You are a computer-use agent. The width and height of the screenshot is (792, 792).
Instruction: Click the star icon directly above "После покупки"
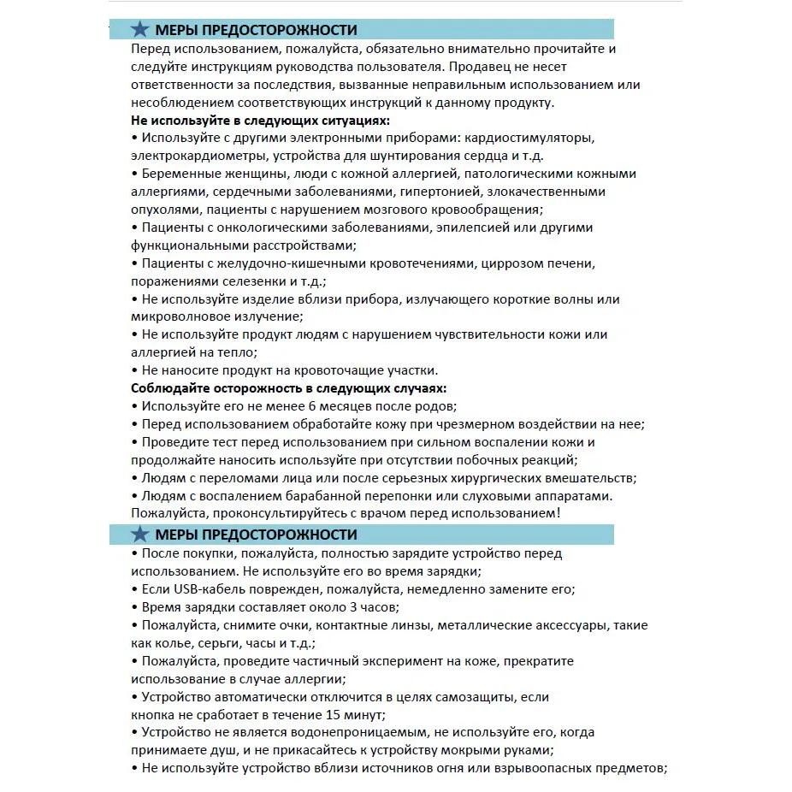coord(140,535)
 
